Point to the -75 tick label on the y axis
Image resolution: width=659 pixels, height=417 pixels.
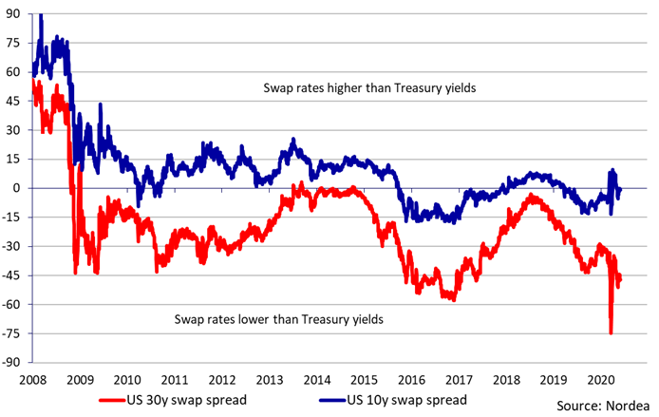(13, 333)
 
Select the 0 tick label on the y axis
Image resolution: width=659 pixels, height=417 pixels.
(19, 188)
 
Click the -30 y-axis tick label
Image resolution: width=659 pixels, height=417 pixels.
(13, 246)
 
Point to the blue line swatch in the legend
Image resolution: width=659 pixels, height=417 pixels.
(346, 400)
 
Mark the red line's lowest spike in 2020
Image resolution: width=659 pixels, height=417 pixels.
(611, 332)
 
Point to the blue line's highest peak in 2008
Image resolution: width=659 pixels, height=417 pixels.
(40, 15)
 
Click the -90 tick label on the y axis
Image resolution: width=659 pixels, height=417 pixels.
(13, 362)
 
